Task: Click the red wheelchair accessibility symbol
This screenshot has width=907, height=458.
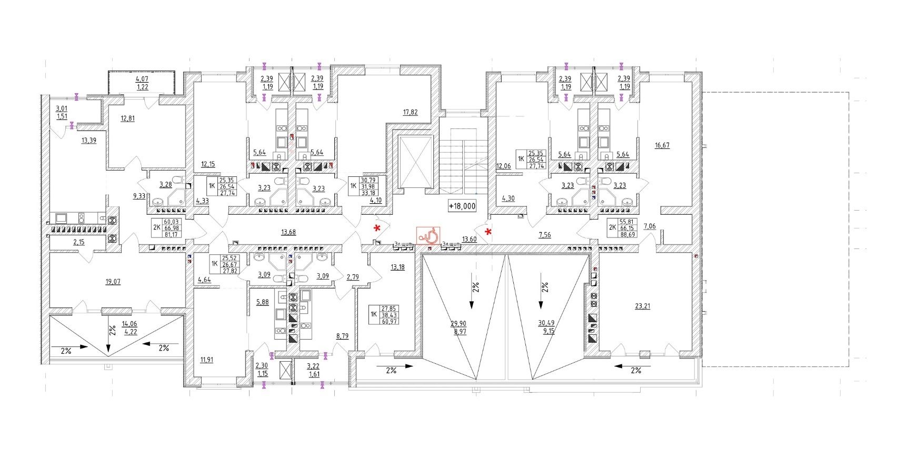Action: pos(427,235)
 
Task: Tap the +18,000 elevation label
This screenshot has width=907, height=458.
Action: pos(462,206)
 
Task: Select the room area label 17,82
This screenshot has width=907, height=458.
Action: pos(410,112)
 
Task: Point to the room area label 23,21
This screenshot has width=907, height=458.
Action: pos(643,305)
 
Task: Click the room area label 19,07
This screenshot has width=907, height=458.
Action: pos(113,282)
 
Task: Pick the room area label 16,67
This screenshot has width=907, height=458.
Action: pos(662,145)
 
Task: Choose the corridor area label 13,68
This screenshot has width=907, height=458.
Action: pos(288,232)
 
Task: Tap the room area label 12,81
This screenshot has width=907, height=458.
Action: pos(127,118)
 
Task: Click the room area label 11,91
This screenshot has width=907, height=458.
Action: pos(207,360)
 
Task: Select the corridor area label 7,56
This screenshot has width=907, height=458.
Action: pos(545,235)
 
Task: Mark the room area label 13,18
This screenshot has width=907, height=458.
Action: pos(397,267)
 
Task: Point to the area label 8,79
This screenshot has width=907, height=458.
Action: pos(342,335)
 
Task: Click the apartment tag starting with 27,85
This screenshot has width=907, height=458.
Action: pos(388,315)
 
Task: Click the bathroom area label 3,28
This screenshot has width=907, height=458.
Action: pos(165,184)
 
